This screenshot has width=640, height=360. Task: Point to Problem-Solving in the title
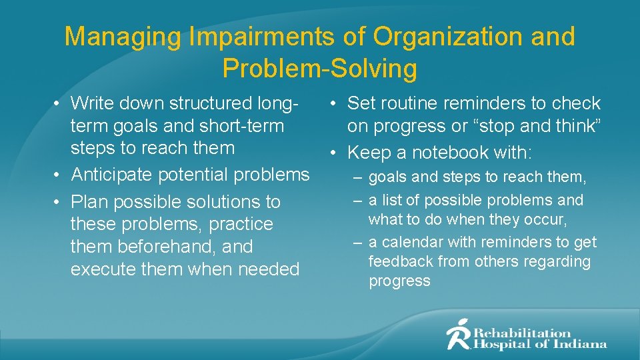(x=320, y=68)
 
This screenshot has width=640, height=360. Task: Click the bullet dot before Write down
(x=59, y=103)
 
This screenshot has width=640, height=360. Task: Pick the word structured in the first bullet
(x=211, y=103)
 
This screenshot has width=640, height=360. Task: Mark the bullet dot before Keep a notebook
(x=336, y=153)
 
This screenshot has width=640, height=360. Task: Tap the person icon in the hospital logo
(x=459, y=334)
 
